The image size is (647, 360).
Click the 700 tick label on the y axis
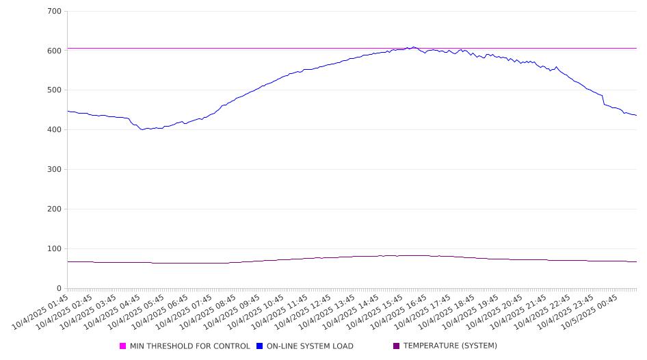(55, 12)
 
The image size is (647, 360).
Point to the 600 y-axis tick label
(55, 51)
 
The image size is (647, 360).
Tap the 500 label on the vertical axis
(55, 90)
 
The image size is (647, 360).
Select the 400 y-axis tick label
(55, 130)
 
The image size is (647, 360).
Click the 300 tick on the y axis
(55, 170)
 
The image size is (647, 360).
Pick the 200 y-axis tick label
(55, 209)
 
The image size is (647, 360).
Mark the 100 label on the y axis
(55, 249)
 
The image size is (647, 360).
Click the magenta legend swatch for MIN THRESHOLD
(123, 346)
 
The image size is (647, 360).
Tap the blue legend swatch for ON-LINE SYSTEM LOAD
(260, 346)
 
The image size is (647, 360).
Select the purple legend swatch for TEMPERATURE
(397, 346)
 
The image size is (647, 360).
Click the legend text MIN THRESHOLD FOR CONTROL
(190, 346)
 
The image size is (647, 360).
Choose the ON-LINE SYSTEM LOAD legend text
(310, 346)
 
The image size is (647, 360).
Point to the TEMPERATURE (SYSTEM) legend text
(450, 346)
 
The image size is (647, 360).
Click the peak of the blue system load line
(413, 47)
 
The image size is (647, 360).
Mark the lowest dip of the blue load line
(142, 129)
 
